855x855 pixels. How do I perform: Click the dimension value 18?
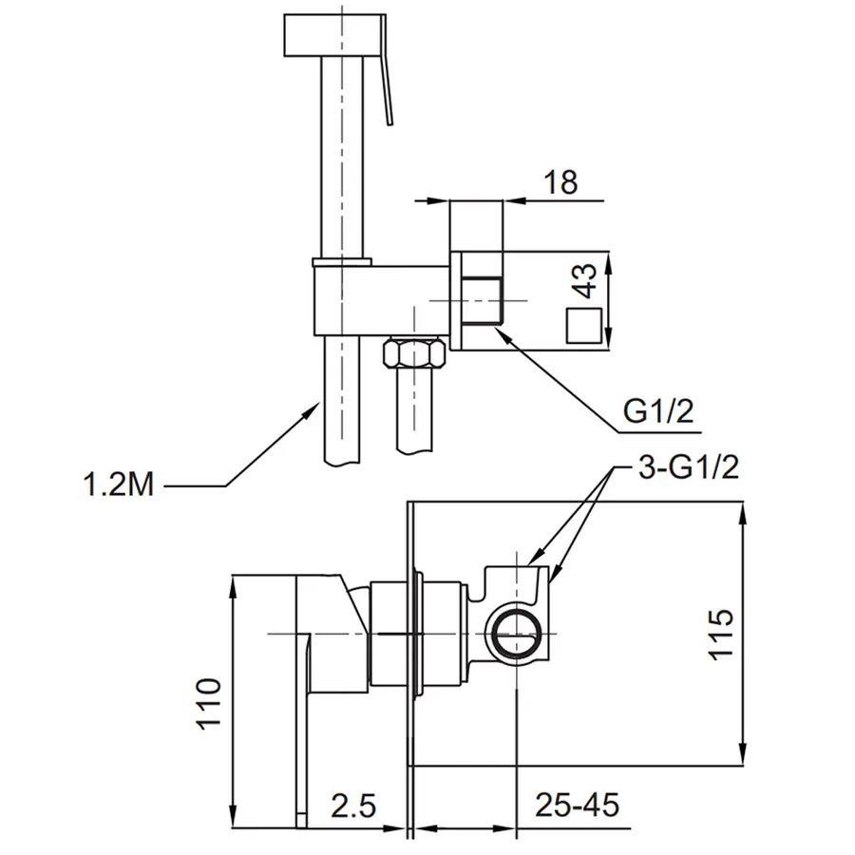(x=562, y=181)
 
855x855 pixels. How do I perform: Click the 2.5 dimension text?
(x=354, y=807)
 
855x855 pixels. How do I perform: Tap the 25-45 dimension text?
(x=576, y=807)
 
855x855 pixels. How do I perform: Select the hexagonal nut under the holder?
(x=413, y=355)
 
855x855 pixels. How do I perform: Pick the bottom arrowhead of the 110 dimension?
(x=234, y=823)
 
